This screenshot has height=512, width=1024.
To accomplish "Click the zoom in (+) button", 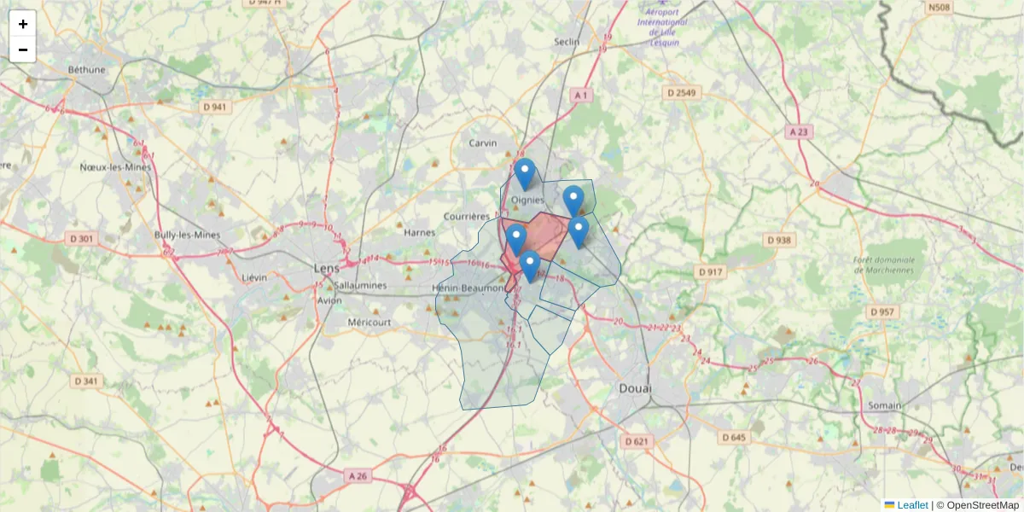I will click(23, 24).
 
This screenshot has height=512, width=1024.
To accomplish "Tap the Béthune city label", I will click(87, 70).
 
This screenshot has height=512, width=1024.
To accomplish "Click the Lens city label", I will click(326, 268).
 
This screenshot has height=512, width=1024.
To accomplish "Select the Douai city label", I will click(634, 389).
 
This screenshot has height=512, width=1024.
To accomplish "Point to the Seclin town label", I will click(567, 41).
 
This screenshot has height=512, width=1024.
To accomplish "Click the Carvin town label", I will click(482, 143).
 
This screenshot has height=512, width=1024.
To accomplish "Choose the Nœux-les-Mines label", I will click(115, 167).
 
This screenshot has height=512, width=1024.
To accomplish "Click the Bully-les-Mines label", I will click(187, 235).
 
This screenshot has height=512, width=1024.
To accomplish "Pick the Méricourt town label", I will click(369, 323).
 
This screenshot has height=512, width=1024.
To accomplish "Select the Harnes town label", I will click(419, 232).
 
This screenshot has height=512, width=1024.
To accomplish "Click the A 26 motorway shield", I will click(358, 474).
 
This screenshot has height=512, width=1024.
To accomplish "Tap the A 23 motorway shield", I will click(798, 131).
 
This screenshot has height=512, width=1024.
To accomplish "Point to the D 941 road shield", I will click(215, 107).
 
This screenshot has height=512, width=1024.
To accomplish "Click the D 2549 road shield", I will click(682, 92).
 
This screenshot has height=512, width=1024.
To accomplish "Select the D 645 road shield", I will click(732, 438).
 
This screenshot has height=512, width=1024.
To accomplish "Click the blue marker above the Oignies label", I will click(525, 173).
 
